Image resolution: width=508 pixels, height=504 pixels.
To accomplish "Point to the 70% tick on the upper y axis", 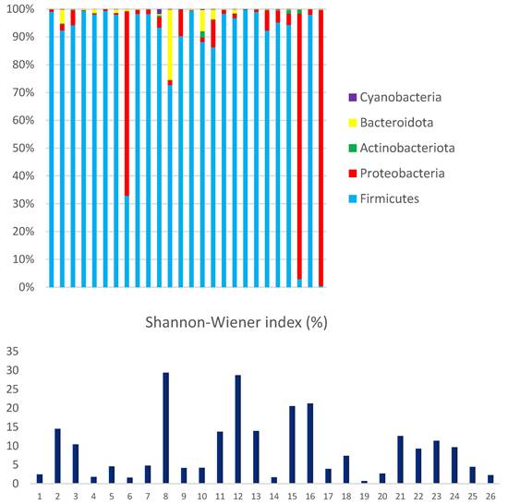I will click(x=21, y=92).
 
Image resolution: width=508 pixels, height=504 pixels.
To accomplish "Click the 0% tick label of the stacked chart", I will click(x=25, y=287).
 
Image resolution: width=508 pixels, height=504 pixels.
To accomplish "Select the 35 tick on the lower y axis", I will click(x=12, y=352).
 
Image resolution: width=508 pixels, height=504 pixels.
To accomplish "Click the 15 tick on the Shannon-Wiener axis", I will click(x=12, y=427).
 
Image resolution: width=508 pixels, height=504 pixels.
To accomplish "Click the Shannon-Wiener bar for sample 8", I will click(x=165, y=427).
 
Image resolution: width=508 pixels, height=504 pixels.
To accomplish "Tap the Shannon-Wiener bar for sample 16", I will click(x=309, y=443).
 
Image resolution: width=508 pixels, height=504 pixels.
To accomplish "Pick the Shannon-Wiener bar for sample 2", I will click(x=57, y=456).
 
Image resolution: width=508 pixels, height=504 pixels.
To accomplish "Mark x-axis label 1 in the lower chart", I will click(x=40, y=495).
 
